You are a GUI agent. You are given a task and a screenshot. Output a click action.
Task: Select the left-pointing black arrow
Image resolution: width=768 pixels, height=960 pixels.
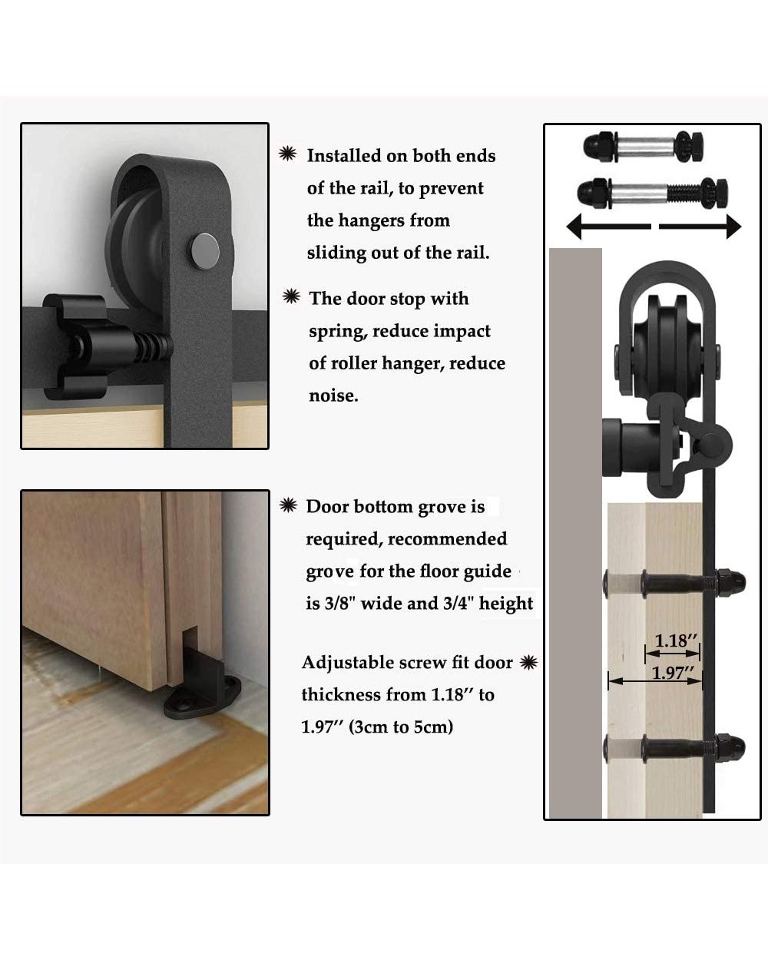pyautogui.click(x=609, y=226)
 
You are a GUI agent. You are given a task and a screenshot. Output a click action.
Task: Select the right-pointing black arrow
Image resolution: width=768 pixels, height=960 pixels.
pyautogui.click(x=700, y=227)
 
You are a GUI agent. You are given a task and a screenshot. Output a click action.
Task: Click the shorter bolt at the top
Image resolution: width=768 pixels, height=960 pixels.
pyautogui.click(x=643, y=147)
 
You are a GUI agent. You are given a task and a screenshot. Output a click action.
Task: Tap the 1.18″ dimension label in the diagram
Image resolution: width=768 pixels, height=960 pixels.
pyautogui.click(x=675, y=641)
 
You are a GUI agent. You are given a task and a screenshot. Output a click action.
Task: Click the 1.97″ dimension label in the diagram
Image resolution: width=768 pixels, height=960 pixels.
pyautogui.click(x=673, y=672)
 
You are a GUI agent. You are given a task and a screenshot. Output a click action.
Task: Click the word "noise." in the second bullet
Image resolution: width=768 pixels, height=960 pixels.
pyautogui.click(x=333, y=396)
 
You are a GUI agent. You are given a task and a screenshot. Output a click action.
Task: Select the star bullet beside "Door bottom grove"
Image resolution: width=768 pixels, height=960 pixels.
pyautogui.click(x=288, y=505)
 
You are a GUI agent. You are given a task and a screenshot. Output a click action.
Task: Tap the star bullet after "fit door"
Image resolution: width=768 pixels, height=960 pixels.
pyautogui.click(x=529, y=662)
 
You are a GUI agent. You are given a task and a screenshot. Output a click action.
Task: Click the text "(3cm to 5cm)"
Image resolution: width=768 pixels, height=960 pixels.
pyautogui.click(x=401, y=727)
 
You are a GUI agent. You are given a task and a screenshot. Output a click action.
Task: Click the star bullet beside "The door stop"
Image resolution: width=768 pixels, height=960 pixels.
pyautogui.click(x=291, y=296)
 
